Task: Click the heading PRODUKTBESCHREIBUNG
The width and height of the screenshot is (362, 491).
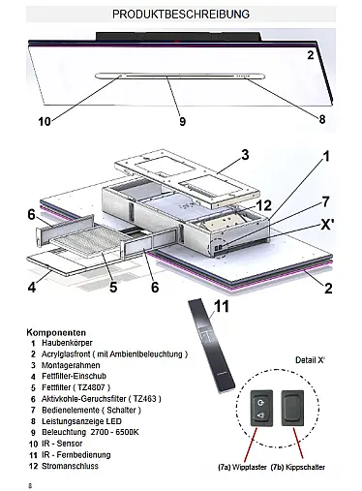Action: click(x=181, y=15)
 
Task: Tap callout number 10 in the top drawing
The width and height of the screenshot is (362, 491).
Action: click(x=45, y=121)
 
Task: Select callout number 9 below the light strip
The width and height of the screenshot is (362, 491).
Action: click(x=183, y=121)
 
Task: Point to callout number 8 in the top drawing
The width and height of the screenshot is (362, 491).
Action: click(x=322, y=119)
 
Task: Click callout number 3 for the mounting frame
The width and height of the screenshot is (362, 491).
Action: click(x=245, y=155)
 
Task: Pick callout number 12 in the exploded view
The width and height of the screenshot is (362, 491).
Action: click(x=263, y=205)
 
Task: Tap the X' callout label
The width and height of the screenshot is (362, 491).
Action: click(x=326, y=225)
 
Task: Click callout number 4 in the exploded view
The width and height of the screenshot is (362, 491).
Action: click(x=32, y=287)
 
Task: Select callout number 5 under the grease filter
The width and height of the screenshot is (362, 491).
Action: click(x=113, y=287)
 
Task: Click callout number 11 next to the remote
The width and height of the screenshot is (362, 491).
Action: click(x=222, y=306)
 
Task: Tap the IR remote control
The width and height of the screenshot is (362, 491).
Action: click(x=211, y=346)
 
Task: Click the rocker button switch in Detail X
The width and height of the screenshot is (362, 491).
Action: click(x=261, y=408)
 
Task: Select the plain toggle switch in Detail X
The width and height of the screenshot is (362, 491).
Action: click(x=292, y=408)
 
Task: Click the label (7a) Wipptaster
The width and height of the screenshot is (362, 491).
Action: click(x=242, y=467)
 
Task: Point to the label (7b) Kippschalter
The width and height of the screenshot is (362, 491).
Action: click(x=298, y=467)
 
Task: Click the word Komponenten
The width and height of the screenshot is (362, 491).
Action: click(x=56, y=332)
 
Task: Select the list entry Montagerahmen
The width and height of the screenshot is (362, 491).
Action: click(x=71, y=365)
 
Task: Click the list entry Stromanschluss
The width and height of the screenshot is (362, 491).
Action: click(x=70, y=466)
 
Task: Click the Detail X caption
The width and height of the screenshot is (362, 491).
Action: click(x=310, y=360)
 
